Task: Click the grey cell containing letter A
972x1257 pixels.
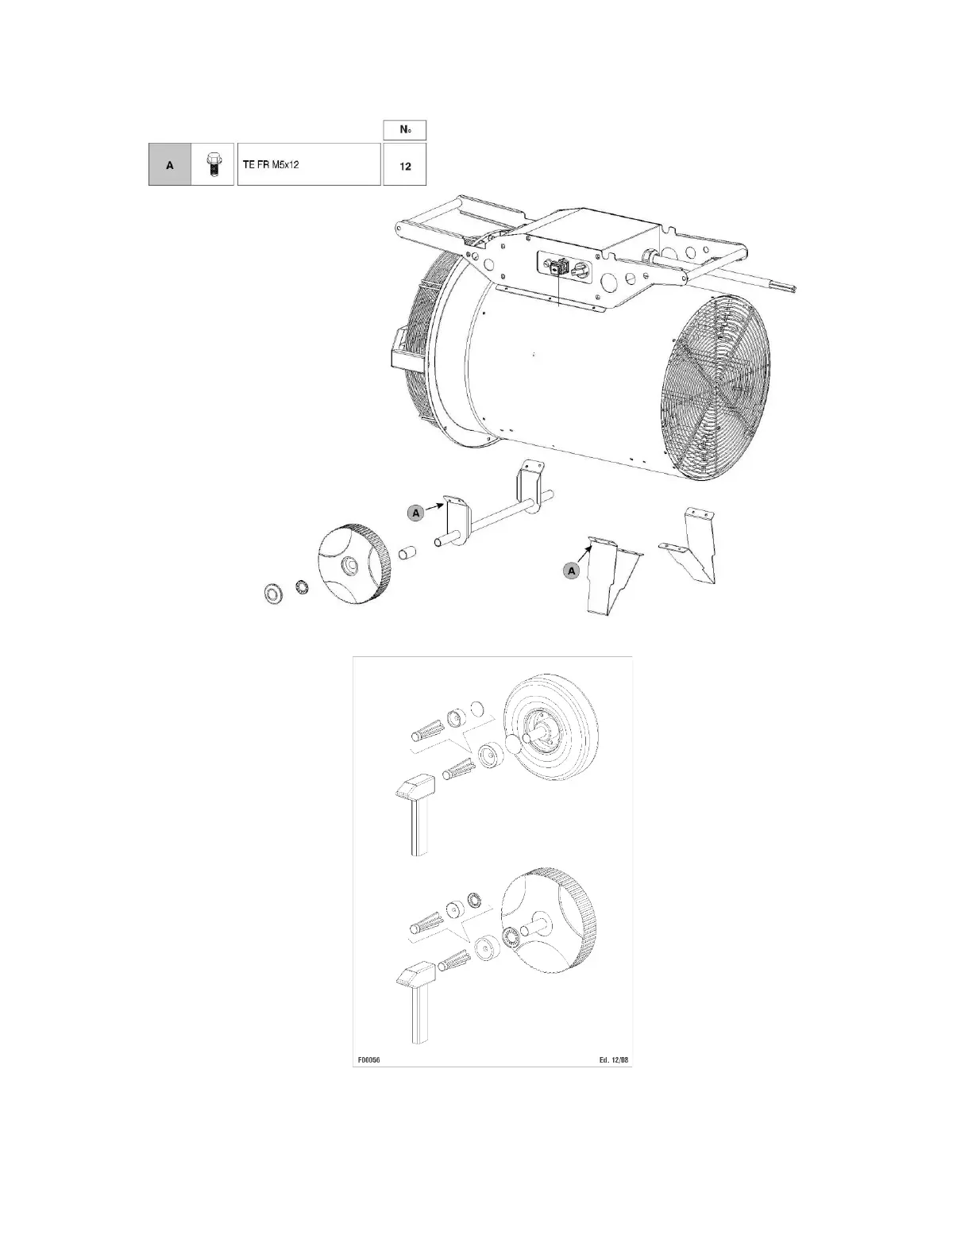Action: coord(170,165)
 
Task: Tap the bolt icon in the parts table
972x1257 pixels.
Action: coord(213,165)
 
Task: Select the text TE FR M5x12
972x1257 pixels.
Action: coord(270,165)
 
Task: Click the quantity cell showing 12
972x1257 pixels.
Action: coord(405,165)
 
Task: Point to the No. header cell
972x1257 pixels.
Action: coord(405,130)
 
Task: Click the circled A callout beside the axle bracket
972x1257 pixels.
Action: coord(415,513)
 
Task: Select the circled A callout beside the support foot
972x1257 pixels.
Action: coord(572,571)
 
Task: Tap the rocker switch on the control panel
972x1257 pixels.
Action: coord(558,268)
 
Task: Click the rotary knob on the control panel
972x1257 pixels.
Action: coord(580,270)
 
